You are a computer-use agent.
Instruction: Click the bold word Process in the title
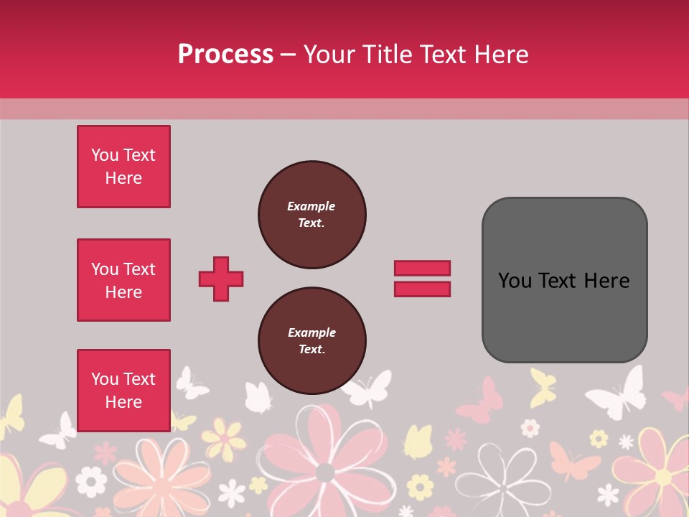pyautogui.click(x=225, y=55)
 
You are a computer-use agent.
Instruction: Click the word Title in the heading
pyautogui.click(x=388, y=55)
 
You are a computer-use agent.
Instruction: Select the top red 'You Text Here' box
pyautogui.click(x=123, y=167)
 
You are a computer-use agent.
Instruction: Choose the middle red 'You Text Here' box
pyautogui.click(x=123, y=280)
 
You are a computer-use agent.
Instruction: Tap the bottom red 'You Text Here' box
pyautogui.click(x=123, y=390)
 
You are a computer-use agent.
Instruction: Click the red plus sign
pyautogui.click(x=221, y=279)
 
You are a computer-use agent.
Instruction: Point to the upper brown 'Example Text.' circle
pyautogui.click(x=311, y=214)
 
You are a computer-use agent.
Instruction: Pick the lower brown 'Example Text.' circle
pyautogui.click(x=311, y=340)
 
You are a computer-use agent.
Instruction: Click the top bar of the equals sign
pyautogui.click(x=422, y=268)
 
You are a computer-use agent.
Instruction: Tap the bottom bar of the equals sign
pyautogui.click(x=422, y=289)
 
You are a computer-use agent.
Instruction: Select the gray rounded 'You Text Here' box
pyautogui.click(x=564, y=279)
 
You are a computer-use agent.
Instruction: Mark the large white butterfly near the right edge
pyautogui.click(x=617, y=393)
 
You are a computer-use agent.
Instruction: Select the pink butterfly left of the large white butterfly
pyautogui.click(x=481, y=401)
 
